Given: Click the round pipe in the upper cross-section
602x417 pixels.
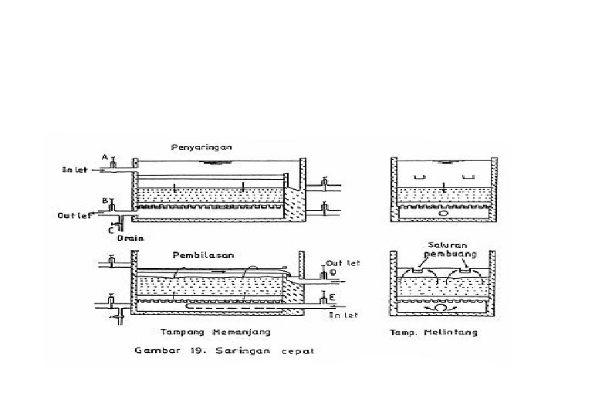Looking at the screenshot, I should coord(444,214).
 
